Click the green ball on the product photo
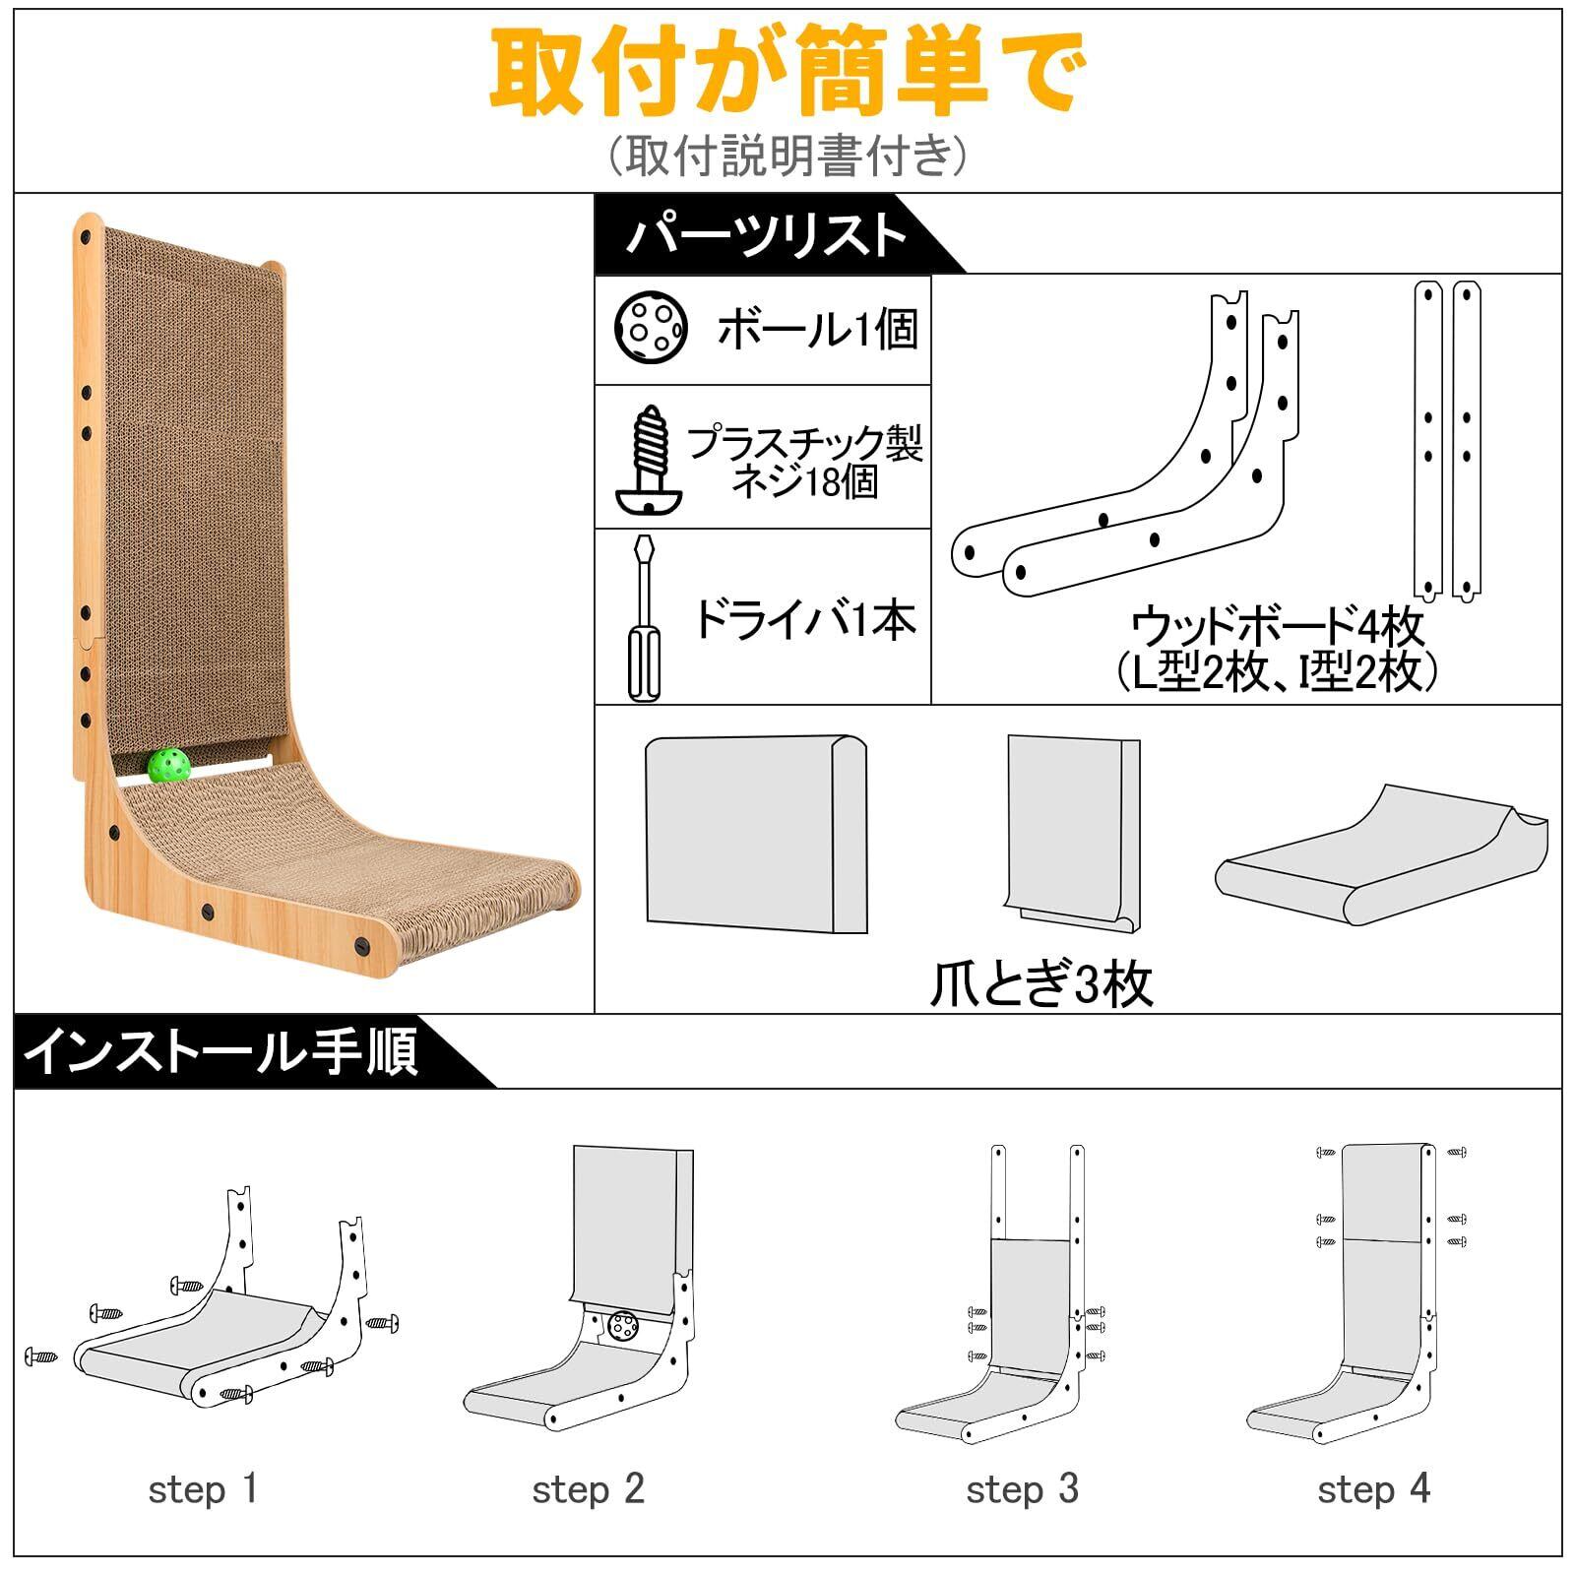point(168,765)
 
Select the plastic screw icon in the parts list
point(648,460)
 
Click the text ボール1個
point(817,329)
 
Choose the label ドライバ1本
point(805,619)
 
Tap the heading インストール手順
point(221,1051)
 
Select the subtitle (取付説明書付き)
point(787,155)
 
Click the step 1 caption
point(203,1489)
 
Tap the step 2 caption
point(588,1489)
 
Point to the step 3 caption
point(1022,1489)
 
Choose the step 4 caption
point(1373,1489)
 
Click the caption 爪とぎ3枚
point(1040,983)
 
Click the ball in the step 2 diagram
point(622,1326)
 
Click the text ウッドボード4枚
point(1277,626)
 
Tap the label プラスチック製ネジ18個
point(804,462)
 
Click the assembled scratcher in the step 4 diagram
point(1378,1299)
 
